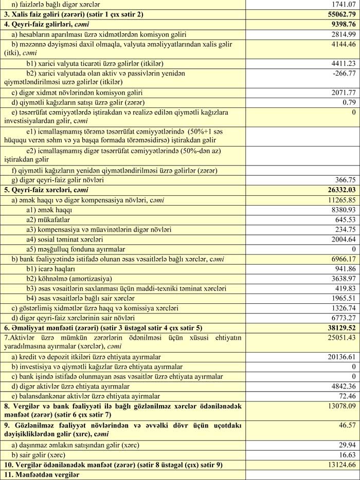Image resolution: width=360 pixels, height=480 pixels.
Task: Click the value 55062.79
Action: tap(337, 14)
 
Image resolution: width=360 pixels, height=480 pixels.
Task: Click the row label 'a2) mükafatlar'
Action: tap(51, 220)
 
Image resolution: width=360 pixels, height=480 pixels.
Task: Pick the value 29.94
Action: tap(347, 445)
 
